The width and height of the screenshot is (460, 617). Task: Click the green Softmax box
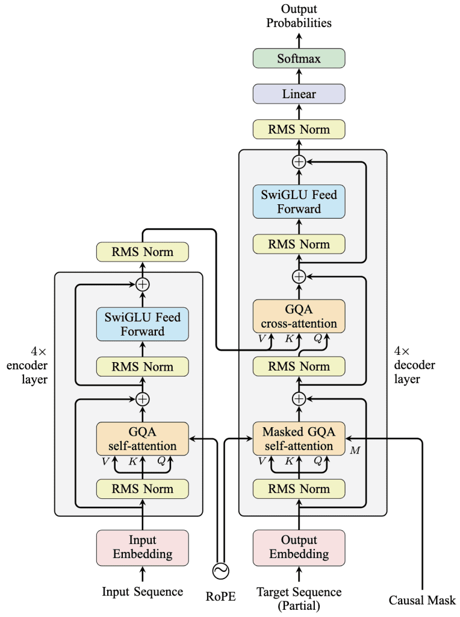click(299, 59)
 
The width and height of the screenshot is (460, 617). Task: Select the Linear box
click(299, 95)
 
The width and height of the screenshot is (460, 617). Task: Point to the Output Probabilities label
click(299, 17)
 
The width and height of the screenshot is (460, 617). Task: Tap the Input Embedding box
click(143, 547)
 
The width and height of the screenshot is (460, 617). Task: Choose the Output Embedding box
click(299, 547)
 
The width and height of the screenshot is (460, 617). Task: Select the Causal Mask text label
click(422, 600)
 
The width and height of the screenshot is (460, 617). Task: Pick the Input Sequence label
click(143, 592)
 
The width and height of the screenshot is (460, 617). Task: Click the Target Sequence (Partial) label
click(299, 598)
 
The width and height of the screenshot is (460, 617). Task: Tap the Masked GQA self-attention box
click(299, 439)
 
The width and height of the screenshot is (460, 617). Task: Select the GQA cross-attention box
click(299, 316)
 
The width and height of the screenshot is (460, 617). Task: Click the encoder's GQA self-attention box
click(143, 439)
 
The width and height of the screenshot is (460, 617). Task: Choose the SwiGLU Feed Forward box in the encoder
click(143, 324)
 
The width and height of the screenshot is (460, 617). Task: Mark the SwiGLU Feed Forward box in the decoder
click(299, 202)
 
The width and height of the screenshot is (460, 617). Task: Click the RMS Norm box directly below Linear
click(299, 130)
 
